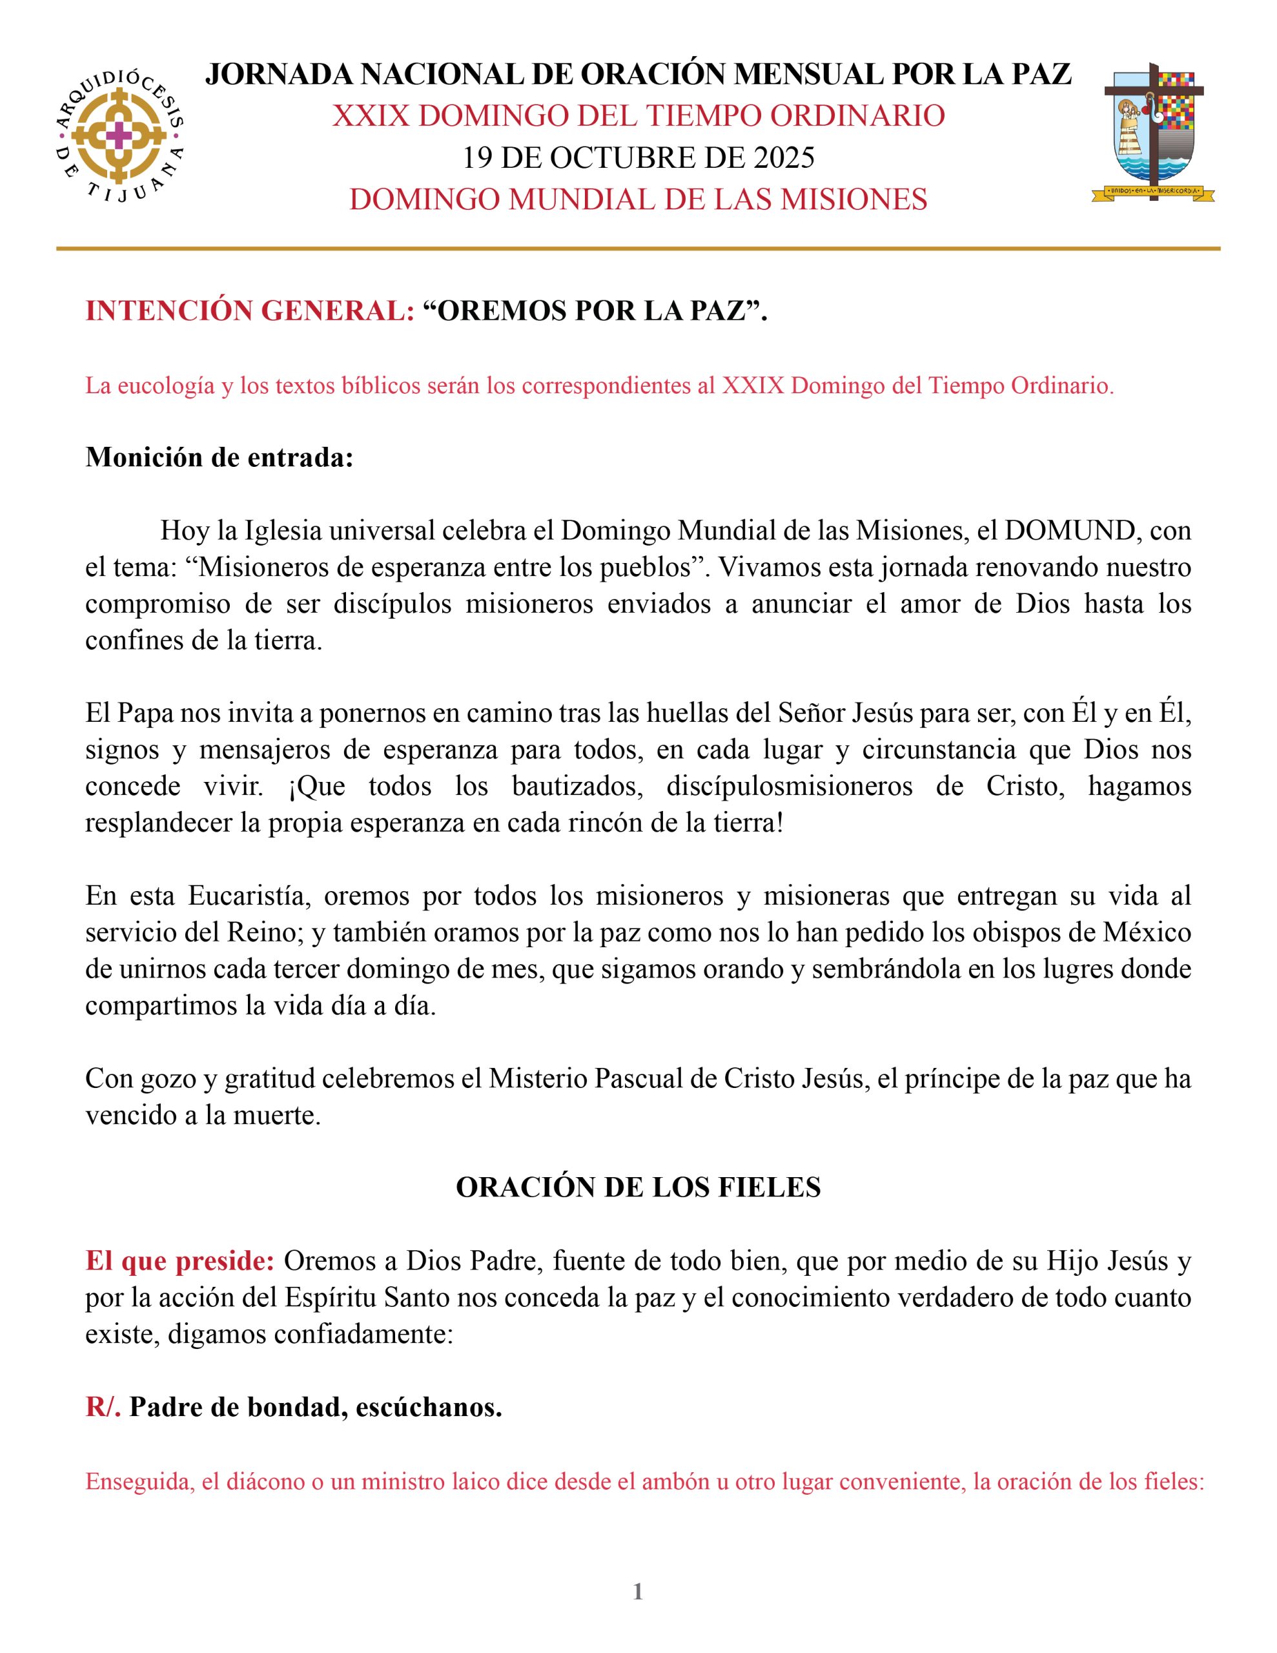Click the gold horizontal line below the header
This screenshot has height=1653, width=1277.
(638, 248)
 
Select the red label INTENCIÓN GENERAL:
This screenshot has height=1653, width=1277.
(250, 311)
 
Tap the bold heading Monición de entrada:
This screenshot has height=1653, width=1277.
(220, 457)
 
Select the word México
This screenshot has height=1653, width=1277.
(1147, 932)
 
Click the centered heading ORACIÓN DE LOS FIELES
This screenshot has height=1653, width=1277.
(638, 1187)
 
